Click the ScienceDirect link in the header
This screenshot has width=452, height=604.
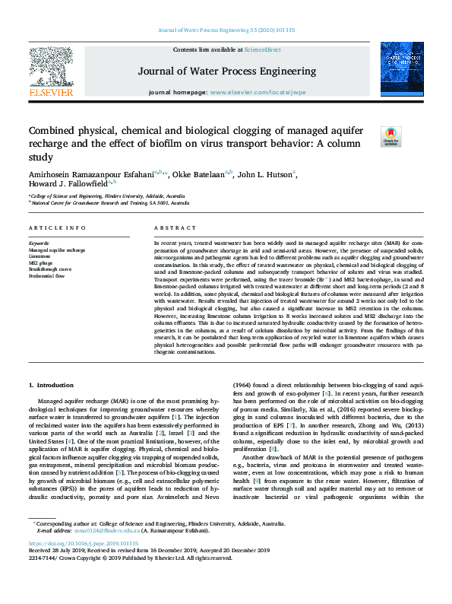(262, 49)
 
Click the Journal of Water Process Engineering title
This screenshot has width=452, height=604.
(226, 71)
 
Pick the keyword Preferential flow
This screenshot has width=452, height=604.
(46, 275)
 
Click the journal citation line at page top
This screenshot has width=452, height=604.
(226, 30)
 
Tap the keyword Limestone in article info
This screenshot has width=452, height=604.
(40, 255)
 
